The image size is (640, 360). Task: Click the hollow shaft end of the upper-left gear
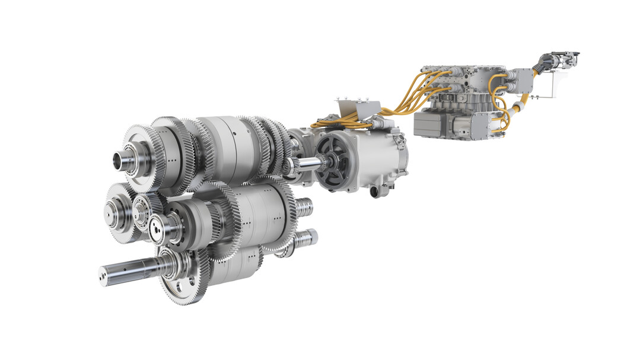[x=123, y=159]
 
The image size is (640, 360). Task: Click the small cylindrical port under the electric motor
[x=375, y=192]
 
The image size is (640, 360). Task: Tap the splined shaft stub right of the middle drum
[x=304, y=206]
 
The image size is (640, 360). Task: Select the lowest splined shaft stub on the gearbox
[x=305, y=238]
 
